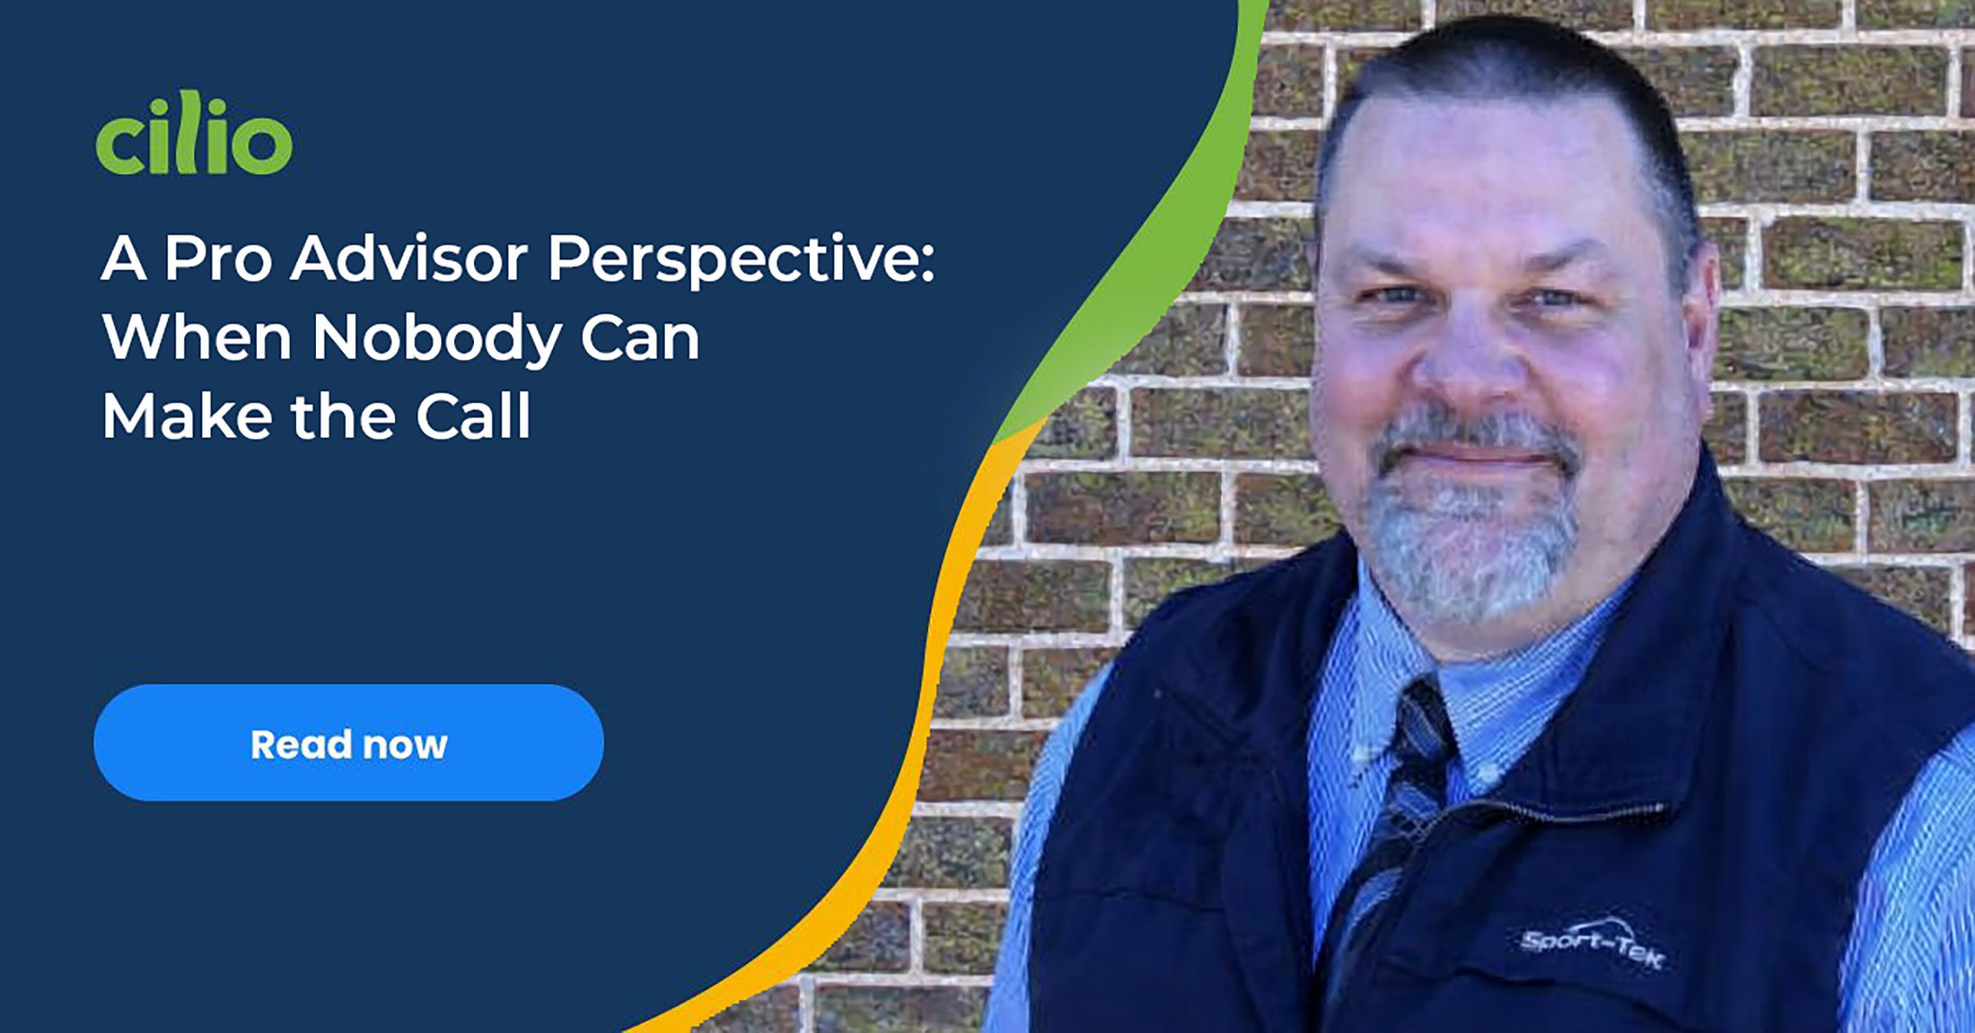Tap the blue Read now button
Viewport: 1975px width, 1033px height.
pyautogui.click(x=349, y=743)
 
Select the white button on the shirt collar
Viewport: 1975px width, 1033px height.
pyautogui.click(x=1486, y=771)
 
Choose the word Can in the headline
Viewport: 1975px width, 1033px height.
pyautogui.click(x=640, y=337)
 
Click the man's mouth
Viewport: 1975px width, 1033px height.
pyautogui.click(x=1476, y=461)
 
